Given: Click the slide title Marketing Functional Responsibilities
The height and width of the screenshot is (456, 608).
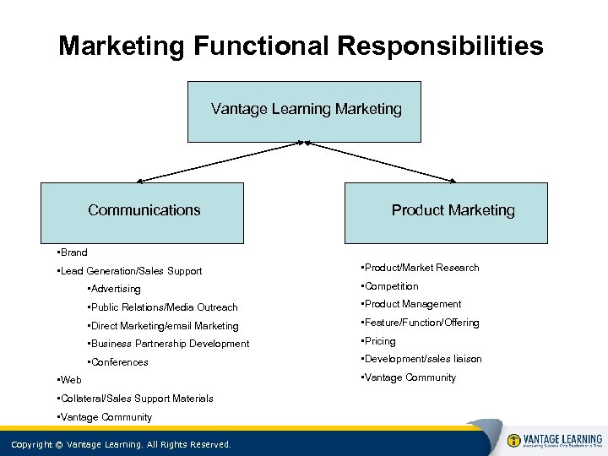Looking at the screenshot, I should click(x=301, y=46).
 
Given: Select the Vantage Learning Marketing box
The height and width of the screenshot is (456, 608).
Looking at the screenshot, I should click(x=304, y=111).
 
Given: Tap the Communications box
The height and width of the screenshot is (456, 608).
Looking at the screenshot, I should click(x=144, y=212).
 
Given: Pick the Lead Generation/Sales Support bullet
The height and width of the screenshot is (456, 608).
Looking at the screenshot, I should click(x=128, y=271).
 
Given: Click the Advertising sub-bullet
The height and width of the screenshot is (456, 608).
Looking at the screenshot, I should click(x=114, y=290).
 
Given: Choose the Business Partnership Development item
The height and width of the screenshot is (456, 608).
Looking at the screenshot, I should click(x=168, y=344).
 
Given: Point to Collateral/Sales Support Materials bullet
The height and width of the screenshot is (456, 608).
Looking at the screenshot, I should click(x=133, y=399).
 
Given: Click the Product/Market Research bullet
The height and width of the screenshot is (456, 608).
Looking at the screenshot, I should click(x=420, y=268).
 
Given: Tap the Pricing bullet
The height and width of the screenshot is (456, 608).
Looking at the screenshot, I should click(x=378, y=341).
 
